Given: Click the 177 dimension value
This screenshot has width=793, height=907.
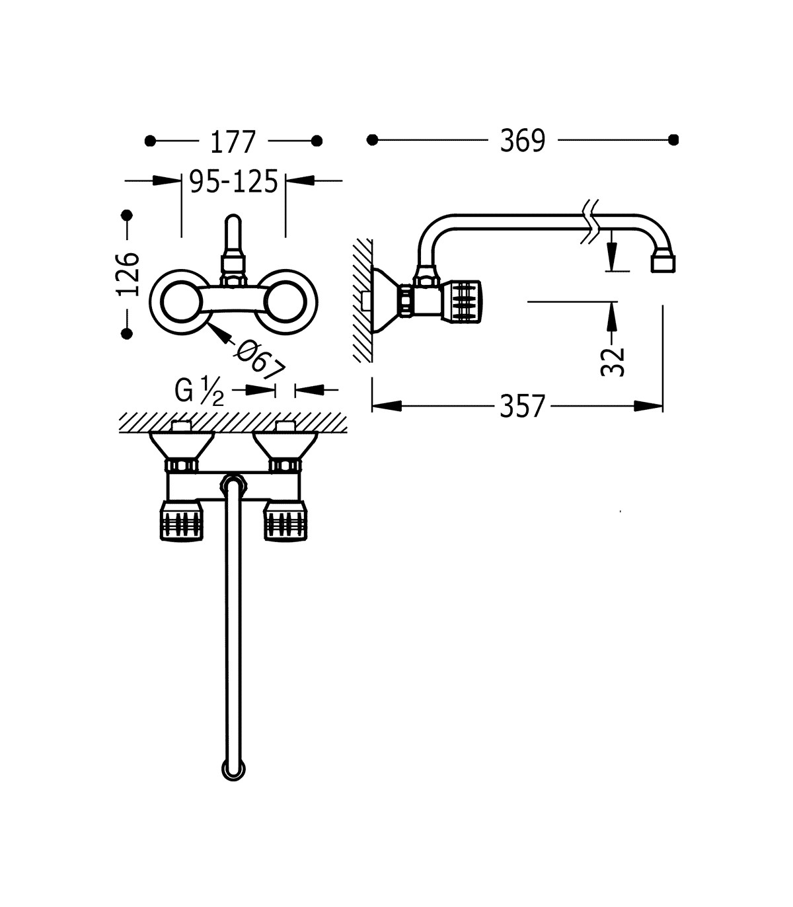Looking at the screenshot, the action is (233, 142).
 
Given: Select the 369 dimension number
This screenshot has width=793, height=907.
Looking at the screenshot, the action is (523, 141).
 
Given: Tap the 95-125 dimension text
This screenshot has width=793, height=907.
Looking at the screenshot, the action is (233, 181).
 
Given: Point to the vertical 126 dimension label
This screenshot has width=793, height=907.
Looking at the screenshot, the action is (128, 274).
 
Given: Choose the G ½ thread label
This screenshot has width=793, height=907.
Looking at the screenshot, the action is (200, 391).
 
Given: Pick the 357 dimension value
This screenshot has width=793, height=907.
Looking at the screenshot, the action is (522, 407).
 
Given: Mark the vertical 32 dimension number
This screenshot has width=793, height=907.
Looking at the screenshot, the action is (612, 362).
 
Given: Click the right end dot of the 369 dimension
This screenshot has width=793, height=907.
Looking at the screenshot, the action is (673, 140).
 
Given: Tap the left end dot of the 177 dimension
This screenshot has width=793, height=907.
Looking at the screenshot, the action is (150, 141).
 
